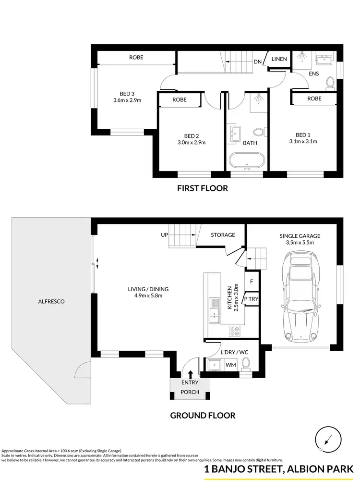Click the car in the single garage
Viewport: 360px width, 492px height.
(300, 297)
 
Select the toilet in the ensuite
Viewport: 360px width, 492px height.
(330, 84)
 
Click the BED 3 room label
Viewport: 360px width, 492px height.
(127, 97)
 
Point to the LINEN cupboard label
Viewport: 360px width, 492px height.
(279, 59)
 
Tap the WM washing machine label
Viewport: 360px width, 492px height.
(230, 365)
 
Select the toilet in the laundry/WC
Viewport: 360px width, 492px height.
(246, 364)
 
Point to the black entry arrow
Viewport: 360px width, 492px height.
(191, 374)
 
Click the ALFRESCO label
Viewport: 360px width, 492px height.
(51, 302)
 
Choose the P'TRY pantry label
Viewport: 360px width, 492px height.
(251, 299)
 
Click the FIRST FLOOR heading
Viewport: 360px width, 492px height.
(203, 188)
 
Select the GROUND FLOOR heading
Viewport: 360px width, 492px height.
(203, 415)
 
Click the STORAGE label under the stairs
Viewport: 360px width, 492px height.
(223, 235)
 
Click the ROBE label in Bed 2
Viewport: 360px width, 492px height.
(180, 100)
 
